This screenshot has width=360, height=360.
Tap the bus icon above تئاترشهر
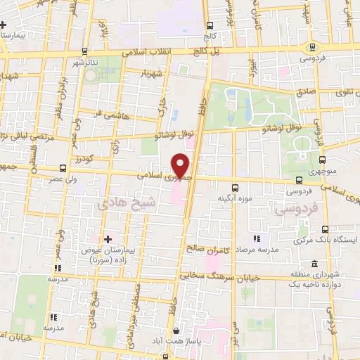pos(85,51)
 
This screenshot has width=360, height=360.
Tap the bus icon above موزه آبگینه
pos(236,188)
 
